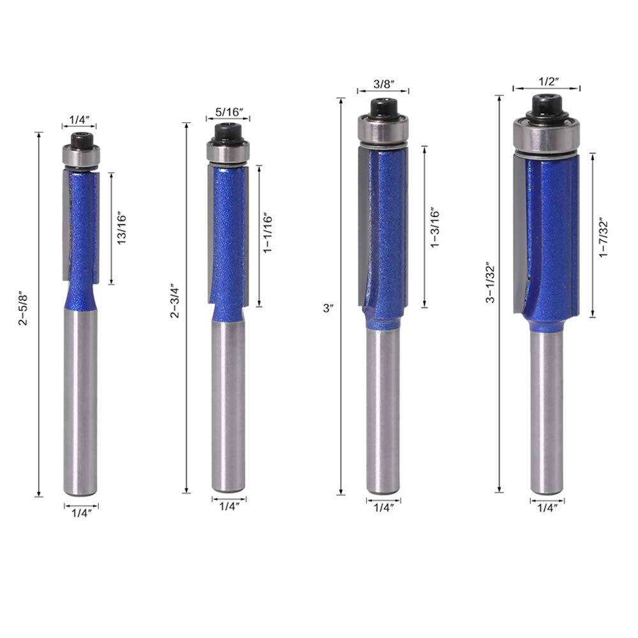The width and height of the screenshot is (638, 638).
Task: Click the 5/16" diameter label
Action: point(228,112)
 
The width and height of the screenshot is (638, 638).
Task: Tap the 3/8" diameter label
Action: point(383,84)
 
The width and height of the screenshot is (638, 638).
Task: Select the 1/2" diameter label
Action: point(547,82)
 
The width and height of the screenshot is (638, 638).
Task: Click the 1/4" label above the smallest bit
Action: point(80,119)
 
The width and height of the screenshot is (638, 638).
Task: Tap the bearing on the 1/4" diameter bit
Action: point(81,156)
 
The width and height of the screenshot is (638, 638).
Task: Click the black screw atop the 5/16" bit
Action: point(228,132)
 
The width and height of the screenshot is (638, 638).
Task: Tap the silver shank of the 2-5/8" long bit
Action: point(81,402)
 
